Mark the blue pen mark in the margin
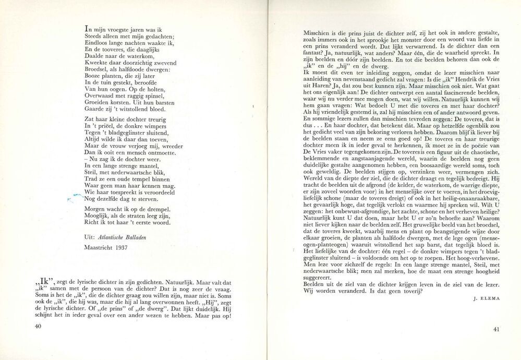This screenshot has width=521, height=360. click(x=76, y=196)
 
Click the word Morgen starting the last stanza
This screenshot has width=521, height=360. click(x=96, y=209)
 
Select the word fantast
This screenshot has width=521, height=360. click(x=316, y=53)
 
